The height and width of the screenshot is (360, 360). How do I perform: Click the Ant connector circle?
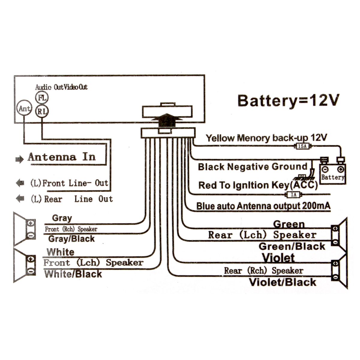tap(24, 108)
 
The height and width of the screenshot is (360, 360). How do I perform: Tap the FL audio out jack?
tap(41, 98)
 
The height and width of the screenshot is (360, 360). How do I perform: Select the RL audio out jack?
tap(42, 112)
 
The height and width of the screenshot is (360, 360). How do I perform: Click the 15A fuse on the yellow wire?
tap(302, 146)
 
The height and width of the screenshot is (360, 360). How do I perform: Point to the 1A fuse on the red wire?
tap(293, 195)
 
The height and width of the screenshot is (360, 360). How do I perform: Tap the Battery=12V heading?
tap(288, 100)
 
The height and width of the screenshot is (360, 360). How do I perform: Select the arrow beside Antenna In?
tap(19, 160)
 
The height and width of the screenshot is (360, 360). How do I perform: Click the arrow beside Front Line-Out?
tap(20, 183)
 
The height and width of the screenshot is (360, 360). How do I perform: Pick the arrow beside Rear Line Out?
tap(20, 198)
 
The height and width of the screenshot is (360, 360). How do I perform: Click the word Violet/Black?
tap(283, 282)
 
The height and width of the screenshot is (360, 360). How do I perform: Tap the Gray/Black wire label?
tap(71, 239)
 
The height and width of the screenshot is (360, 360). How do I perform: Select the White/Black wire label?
tap(73, 274)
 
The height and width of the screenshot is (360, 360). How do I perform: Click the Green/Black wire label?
tap(292, 247)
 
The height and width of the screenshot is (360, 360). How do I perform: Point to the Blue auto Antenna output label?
tap(263, 206)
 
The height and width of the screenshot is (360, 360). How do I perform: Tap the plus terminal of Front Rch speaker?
tap(31, 223)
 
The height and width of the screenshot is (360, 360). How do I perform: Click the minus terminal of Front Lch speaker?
tap(31, 271)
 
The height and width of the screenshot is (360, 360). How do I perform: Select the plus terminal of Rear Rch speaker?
tap(335, 264)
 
